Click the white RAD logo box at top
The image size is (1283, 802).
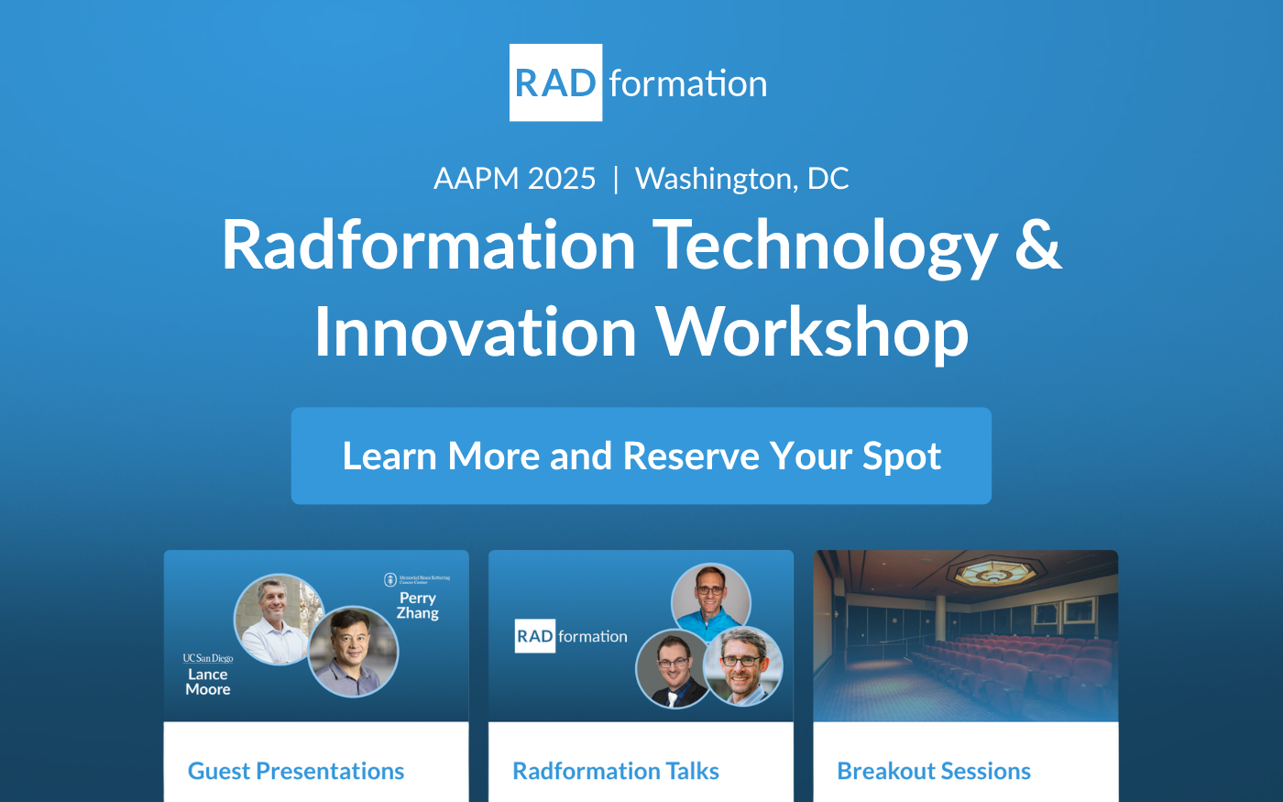pos(555,82)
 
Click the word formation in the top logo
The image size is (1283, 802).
pos(687,84)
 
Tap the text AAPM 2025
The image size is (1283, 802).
pos(515,178)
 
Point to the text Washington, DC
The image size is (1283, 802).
pos(741,178)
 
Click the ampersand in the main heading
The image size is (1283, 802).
pos(1037,246)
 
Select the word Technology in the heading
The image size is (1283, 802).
pos(824,246)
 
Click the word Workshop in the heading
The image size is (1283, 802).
pos(812,332)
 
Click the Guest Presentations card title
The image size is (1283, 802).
pos(296,771)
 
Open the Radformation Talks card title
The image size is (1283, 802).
pos(616,771)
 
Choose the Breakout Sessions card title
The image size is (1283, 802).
pos(934,771)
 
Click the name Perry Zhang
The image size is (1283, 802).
pos(418,605)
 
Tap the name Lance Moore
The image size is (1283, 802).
pos(208,681)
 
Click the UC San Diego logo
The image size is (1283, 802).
pos(208,658)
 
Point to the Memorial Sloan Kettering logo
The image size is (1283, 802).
pos(417,579)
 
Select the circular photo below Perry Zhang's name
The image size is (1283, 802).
pos(353,651)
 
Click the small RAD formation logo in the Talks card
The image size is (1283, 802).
pos(571,636)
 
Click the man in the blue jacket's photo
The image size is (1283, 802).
pos(710,600)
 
